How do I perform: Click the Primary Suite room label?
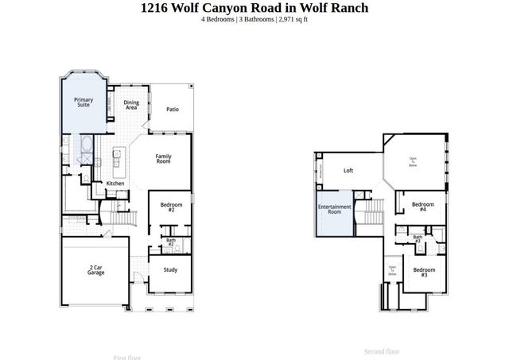point(83,103)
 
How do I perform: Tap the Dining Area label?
point(131,105)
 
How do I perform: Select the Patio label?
point(172,110)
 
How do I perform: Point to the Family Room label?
point(164,159)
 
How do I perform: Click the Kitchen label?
point(115,184)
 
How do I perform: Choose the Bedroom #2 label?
point(171,207)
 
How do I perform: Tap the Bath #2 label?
point(170,242)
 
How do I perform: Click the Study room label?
point(170,269)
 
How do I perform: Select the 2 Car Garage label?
point(95,270)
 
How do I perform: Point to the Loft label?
point(348,171)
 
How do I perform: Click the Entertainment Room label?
point(335,209)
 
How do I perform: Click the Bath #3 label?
point(418,238)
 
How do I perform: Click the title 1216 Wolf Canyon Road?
point(254,8)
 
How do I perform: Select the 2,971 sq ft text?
point(292,19)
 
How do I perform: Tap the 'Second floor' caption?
point(381,350)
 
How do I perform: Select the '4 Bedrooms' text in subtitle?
point(219,19)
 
